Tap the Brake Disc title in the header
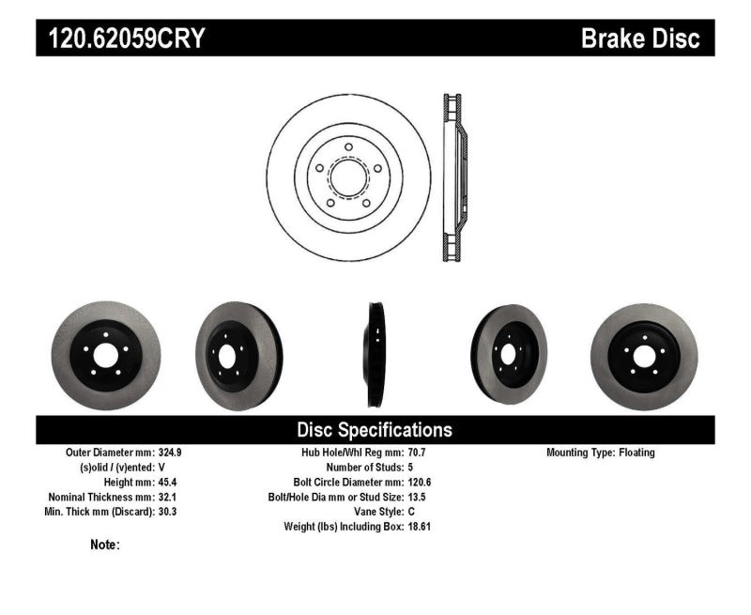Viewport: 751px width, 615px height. pyautogui.click(x=640, y=38)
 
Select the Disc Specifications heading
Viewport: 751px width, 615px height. pyautogui.click(x=375, y=430)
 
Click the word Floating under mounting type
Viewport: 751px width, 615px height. pyautogui.click(x=636, y=453)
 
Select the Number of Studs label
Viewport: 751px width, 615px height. pyautogui.click(x=363, y=467)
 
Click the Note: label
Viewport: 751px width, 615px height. pyautogui.click(x=104, y=545)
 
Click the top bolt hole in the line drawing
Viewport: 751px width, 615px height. pyautogui.click(x=348, y=147)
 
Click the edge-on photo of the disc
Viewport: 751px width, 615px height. pyautogui.click(x=375, y=354)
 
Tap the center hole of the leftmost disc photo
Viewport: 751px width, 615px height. pyautogui.click(x=105, y=356)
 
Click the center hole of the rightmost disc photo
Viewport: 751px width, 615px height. pyautogui.click(x=643, y=356)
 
